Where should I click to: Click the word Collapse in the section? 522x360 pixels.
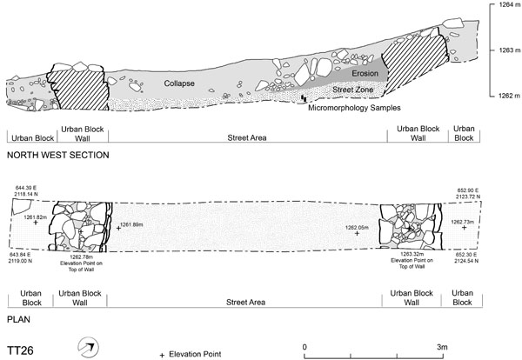[177, 83]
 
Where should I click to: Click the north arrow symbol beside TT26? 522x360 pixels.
[86, 347]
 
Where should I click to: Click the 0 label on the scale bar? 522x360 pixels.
[304, 347]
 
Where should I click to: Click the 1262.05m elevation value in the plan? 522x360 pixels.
[357, 228]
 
